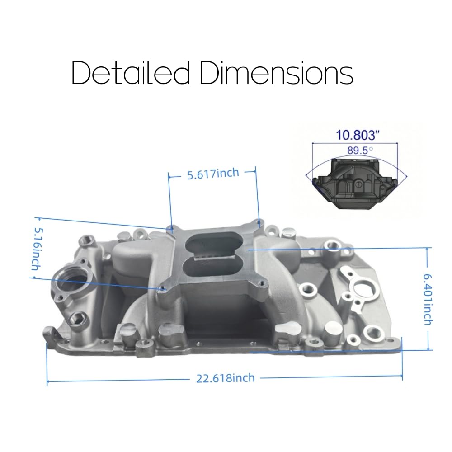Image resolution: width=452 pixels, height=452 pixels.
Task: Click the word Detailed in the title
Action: (x=130, y=73)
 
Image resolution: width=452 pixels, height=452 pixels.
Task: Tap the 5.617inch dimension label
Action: (x=213, y=174)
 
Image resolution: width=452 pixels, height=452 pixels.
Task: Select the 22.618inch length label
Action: (x=226, y=378)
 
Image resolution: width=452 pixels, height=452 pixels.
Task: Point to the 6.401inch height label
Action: (x=428, y=300)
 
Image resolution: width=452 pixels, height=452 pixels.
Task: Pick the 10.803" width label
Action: (x=358, y=135)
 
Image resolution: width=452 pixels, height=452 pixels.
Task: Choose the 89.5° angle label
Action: (x=360, y=150)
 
